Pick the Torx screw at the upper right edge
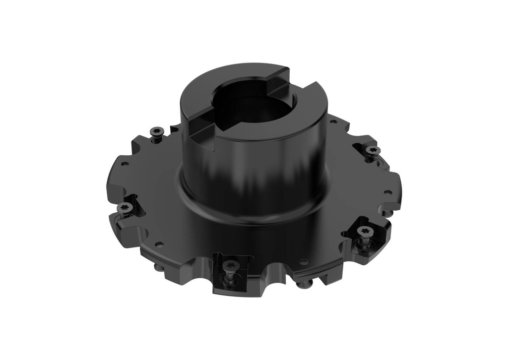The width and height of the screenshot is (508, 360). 372,150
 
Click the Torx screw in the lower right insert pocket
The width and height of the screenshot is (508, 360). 364,231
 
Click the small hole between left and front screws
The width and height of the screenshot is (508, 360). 159,244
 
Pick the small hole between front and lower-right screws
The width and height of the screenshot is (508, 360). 304,261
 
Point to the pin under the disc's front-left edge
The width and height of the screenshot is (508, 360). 158,268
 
